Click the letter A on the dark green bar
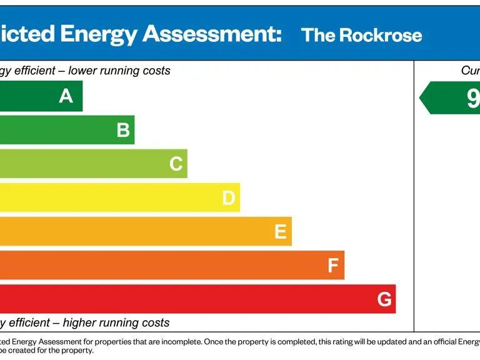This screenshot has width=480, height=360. click(66, 96)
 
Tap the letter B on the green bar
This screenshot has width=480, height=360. click(123, 130)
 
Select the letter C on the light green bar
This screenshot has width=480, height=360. click(176, 164)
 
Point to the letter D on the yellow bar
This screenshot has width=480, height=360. click(229, 198)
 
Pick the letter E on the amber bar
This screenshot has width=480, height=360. click(281, 232)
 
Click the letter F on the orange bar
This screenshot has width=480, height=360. click(333, 266)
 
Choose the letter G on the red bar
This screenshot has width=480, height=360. click(385, 300)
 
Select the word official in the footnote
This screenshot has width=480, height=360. click(451, 342)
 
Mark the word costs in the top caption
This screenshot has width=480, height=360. click(156, 71)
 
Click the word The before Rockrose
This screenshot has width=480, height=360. click(319, 35)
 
